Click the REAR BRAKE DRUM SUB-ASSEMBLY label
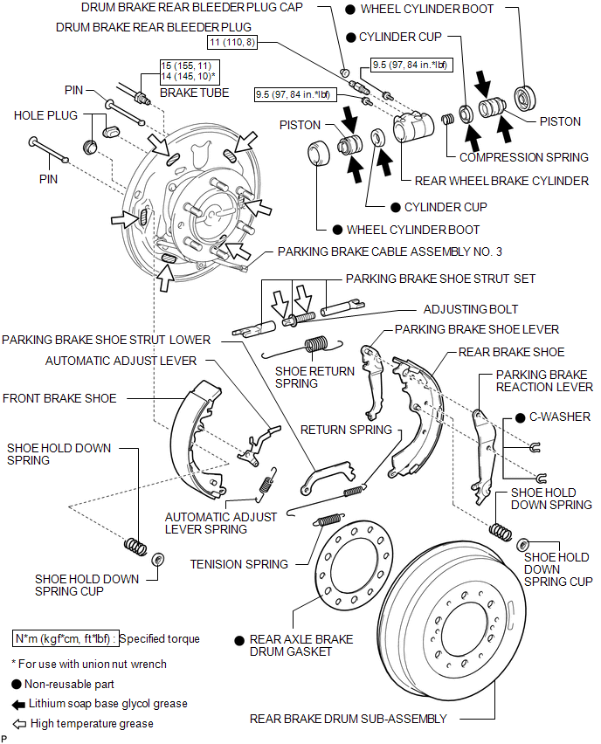[348, 719]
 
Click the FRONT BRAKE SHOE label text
[59, 398]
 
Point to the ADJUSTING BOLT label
[471, 309]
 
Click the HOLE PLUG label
[45, 115]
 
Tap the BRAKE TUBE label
[195, 93]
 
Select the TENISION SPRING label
[238, 564]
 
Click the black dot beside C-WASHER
[521, 417]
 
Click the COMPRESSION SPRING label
[524, 157]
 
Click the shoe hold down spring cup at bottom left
[159, 558]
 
